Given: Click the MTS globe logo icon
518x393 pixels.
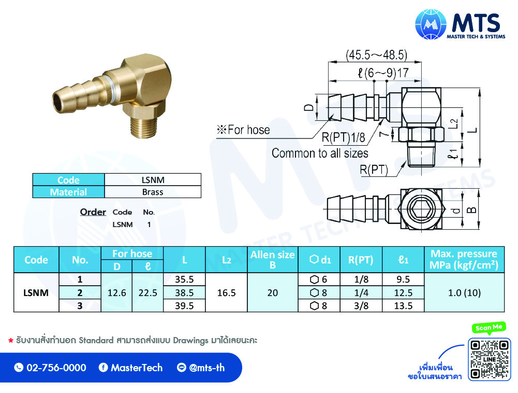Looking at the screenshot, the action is click(431, 24).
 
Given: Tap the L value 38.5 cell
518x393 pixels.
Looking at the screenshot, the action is click(184, 293).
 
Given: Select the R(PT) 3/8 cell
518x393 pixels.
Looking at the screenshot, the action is click(361, 305).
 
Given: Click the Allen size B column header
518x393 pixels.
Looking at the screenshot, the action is click(273, 260).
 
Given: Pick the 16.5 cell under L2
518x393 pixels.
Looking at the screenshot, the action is click(226, 293).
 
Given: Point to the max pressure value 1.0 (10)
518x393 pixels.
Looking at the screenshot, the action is click(464, 293).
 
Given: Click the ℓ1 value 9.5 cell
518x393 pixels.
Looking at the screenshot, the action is click(403, 279).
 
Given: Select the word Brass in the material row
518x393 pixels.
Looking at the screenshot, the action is click(153, 192).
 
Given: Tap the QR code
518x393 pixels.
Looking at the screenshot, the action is click(489, 359).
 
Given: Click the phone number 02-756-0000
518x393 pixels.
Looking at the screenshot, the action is click(56, 368).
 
